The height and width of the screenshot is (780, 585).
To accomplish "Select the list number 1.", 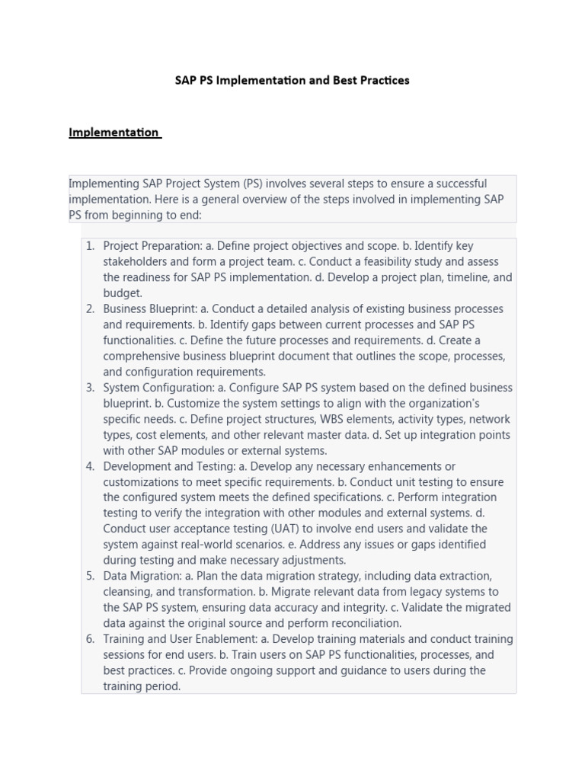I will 89,246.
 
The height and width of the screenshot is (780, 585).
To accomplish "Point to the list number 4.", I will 89,466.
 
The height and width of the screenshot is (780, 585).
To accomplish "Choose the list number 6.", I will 89,639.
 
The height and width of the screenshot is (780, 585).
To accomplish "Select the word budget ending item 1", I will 122,293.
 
